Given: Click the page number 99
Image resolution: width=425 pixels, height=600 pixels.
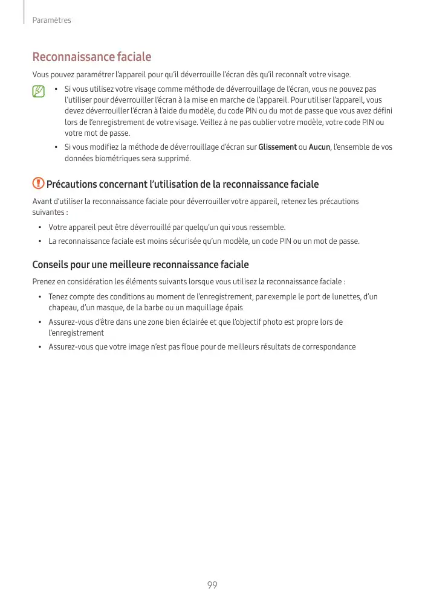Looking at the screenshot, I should [x=212, y=585].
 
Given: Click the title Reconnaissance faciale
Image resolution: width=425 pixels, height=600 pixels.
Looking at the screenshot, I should [x=91, y=57].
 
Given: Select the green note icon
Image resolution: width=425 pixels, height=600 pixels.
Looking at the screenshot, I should [x=39, y=92].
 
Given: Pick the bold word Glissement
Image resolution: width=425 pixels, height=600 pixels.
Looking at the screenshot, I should [x=277, y=147].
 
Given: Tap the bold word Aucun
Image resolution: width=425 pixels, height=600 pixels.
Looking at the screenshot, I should [x=319, y=147].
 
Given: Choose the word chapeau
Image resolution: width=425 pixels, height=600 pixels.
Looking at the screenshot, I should [x=63, y=308].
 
